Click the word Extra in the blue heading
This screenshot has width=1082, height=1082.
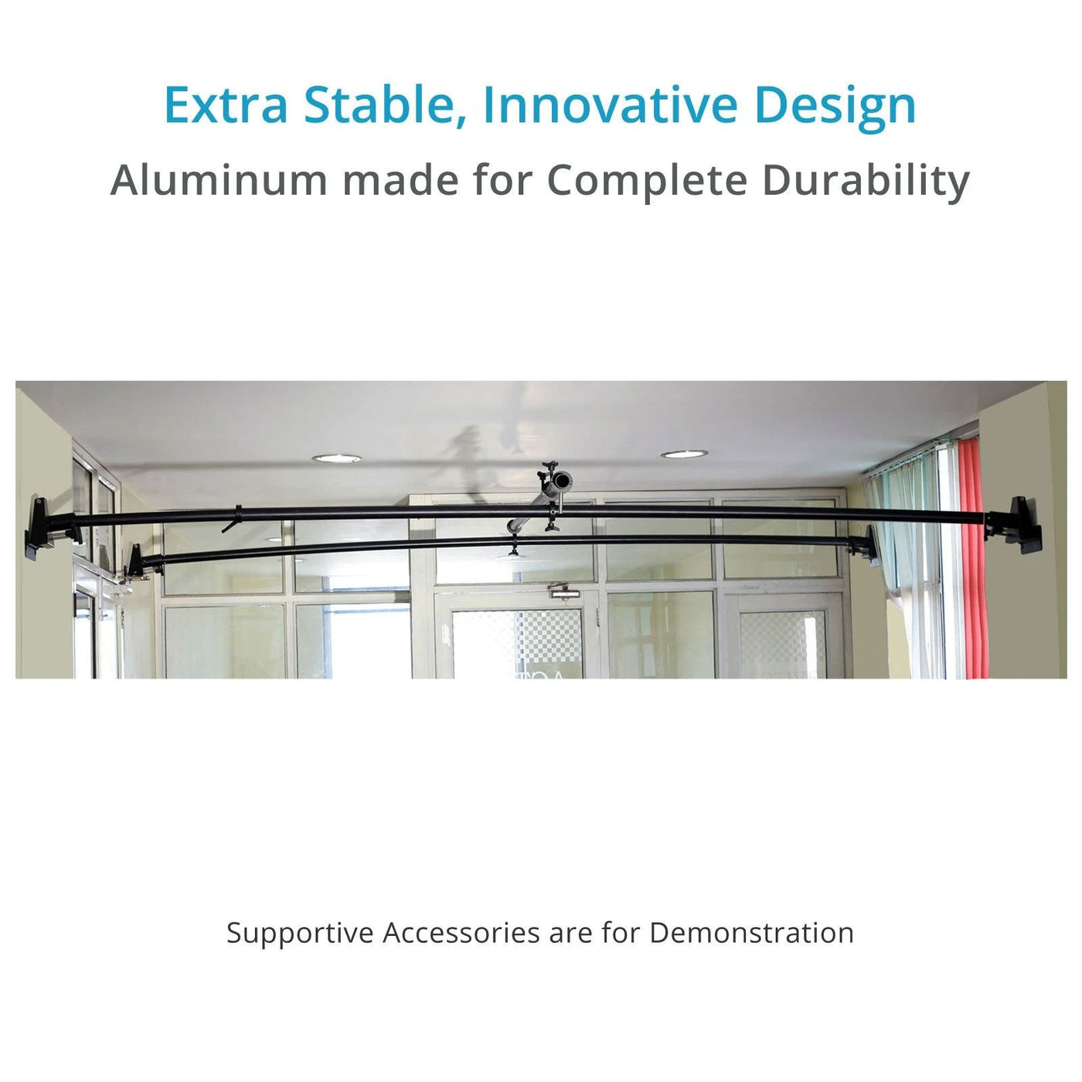[226, 105]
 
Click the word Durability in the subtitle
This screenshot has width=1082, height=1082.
[866, 180]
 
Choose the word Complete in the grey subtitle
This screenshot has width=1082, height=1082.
[647, 180]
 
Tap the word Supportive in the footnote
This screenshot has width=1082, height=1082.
[300, 933]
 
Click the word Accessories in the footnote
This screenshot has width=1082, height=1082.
[461, 933]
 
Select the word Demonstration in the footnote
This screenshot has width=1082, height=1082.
[751, 933]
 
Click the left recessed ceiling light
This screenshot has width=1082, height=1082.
[336, 458]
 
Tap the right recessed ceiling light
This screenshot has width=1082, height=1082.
[683, 454]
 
